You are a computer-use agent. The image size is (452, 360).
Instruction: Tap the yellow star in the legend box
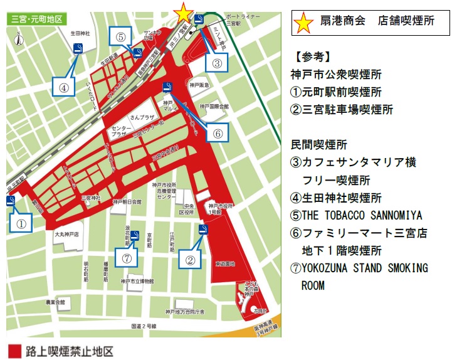[304, 22]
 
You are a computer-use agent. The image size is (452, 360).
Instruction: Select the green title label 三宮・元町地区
[36, 19]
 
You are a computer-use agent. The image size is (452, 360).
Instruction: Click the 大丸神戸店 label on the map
[66, 233]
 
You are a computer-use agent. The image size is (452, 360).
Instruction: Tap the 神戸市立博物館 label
[142, 276]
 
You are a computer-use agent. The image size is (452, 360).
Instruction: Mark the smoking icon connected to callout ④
[78, 49]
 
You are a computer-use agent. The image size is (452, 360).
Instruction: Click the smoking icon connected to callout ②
[202, 230]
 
